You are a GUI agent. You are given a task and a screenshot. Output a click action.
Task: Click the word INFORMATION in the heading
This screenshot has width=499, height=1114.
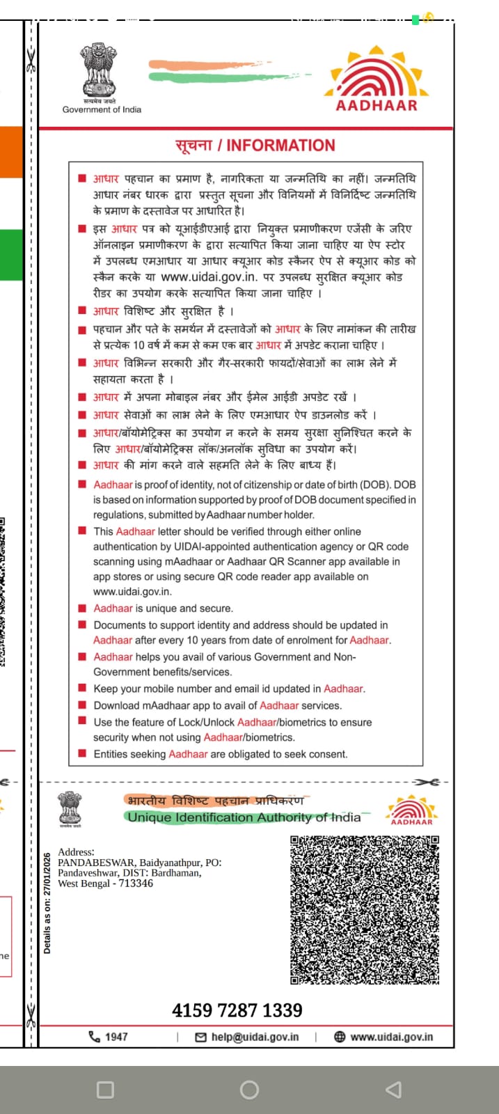280,146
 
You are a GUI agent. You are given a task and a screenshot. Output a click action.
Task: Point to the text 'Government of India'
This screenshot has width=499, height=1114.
102,109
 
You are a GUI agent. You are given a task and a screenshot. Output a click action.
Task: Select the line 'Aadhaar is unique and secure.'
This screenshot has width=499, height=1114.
164,608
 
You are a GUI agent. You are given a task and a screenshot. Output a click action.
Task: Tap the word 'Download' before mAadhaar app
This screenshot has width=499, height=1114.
116,705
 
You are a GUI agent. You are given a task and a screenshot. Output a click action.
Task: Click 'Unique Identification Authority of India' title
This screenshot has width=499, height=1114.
244,817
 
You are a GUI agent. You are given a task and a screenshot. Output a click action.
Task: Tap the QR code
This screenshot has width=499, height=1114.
365,909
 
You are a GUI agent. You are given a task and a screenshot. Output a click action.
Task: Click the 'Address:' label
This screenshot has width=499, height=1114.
76,852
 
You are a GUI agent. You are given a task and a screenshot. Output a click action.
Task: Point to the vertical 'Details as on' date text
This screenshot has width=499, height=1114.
47,904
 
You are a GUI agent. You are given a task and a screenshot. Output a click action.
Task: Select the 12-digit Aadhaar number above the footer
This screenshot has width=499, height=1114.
237,1010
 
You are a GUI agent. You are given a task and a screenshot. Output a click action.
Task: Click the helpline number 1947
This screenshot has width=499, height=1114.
116,1037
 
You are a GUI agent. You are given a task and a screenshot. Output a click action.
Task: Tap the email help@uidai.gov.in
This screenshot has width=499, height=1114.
255,1037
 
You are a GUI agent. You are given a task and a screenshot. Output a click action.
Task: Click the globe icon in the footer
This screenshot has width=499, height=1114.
340,1037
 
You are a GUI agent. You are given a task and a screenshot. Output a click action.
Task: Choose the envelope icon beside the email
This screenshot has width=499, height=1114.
201,1037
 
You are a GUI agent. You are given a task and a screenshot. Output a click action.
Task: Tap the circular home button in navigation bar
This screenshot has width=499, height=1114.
249,1090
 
